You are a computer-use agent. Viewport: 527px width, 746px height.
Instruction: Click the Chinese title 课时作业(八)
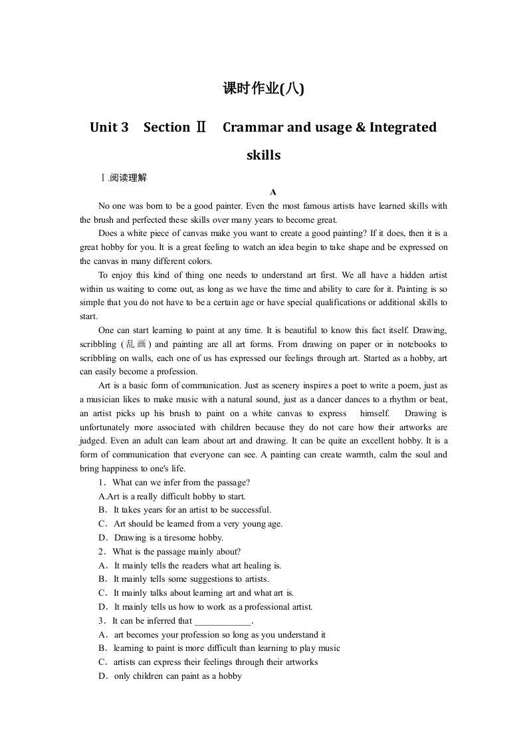pos(263,88)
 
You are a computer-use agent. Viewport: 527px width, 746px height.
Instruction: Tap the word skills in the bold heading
pos(263,155)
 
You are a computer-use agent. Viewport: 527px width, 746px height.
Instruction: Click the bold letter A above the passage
pos(272,191)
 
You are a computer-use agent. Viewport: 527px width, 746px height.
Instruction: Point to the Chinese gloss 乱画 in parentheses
pos(137,344)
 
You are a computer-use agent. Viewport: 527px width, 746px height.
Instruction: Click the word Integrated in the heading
pos(403,127)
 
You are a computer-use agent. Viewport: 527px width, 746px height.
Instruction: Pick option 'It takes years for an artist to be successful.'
pos(192,510)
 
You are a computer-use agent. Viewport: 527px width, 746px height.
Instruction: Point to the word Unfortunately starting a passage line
pos(109,428)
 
